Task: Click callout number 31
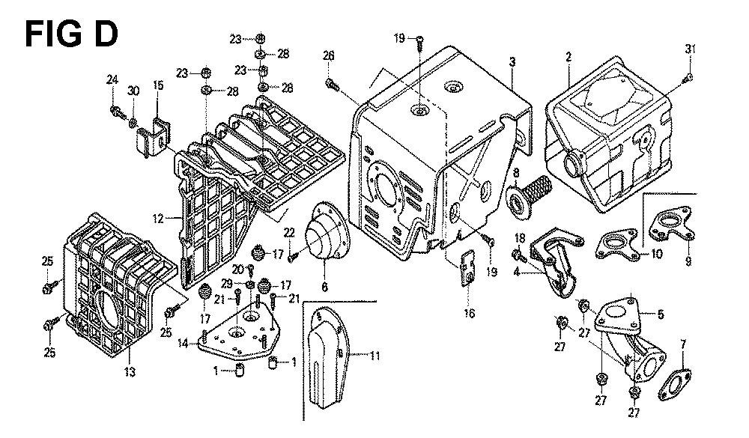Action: click(x=690, y=49)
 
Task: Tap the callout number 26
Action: click(x=328, y=55)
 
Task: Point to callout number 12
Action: click(x=158, y=219)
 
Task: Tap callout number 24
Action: click(x=112, y=81)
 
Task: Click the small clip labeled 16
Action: click(x=468, y=267)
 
